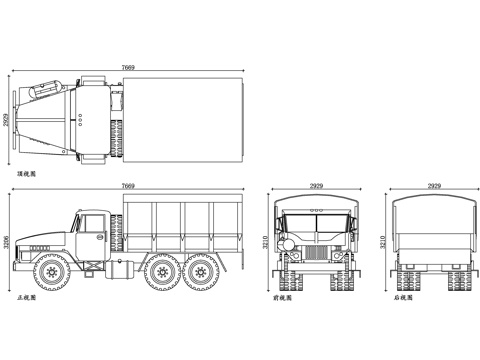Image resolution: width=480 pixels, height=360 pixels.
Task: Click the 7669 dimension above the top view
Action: (128, 66)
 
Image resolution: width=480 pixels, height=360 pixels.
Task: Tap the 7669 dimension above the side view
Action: (128, 186)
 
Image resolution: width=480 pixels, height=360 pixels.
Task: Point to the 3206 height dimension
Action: (7, 242)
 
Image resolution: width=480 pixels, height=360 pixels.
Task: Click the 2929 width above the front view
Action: (316, 186)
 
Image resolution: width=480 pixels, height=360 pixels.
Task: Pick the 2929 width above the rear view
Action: (434, 186)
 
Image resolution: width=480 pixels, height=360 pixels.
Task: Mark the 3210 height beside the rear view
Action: (381, 242)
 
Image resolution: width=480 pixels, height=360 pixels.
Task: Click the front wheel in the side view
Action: (51, 269)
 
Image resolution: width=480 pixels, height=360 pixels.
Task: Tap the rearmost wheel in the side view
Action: (202, 269)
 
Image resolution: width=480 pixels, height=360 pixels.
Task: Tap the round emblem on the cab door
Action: (99, 237)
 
